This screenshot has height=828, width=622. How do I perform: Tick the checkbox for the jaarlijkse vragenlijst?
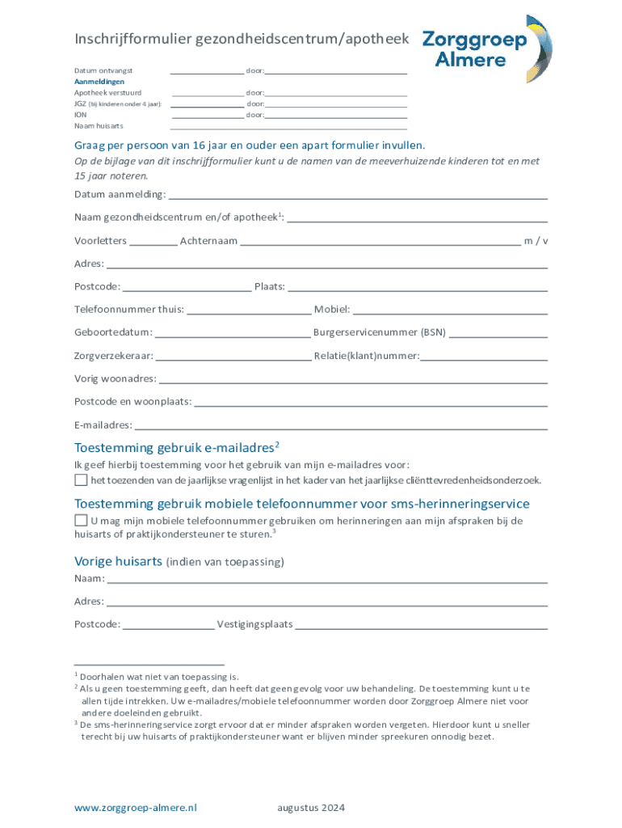(x=81, y=479)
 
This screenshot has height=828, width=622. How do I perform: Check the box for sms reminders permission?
(x=81, y=520)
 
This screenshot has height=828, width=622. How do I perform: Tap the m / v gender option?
(x=536, y=241)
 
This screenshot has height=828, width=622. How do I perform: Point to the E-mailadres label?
(x=103, y=425)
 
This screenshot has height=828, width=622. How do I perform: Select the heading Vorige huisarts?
(x=119, y=561)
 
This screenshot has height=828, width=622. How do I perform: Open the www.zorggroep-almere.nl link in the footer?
(x=136, y=807)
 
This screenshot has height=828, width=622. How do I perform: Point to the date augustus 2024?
(x=311, y=807)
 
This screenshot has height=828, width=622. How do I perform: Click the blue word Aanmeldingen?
(x=99, y=82)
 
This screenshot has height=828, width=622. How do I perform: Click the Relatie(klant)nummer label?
(x=366, y=356)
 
